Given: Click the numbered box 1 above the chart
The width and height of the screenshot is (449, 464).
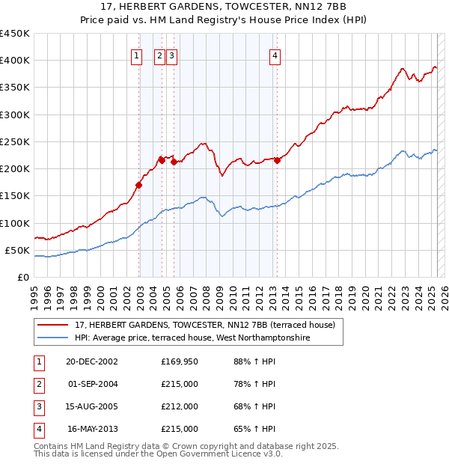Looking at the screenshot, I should tap(138, 55).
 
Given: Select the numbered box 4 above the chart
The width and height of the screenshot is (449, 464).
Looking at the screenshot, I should tap(275, 55).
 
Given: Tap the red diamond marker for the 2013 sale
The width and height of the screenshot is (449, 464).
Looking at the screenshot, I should tap(277, 159).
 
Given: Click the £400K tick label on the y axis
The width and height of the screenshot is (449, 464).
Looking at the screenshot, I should tap(15, 61).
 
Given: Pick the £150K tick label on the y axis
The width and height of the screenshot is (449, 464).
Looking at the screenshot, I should tap(15, 196).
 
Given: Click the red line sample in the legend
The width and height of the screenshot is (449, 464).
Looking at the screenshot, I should tap(53, 325).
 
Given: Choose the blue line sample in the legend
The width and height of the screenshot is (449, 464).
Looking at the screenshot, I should tap(53, 338).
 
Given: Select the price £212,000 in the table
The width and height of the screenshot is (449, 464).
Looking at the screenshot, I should tap(180, 407).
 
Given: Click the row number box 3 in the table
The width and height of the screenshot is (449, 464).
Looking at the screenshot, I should tap(38, 407).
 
